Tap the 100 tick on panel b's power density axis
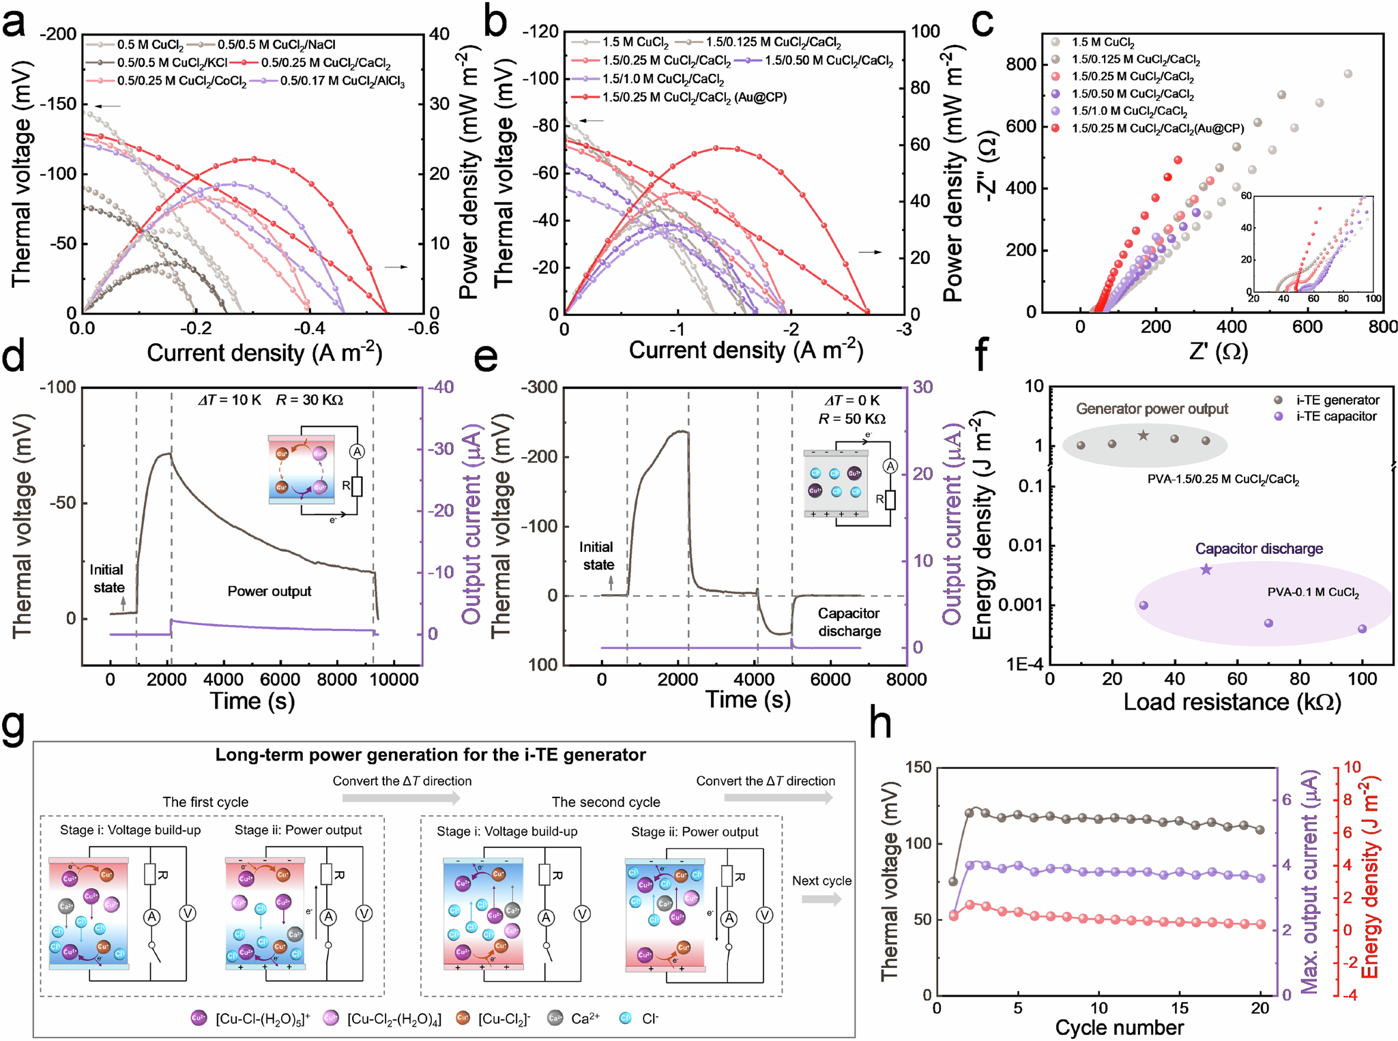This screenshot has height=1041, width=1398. coord(925,31)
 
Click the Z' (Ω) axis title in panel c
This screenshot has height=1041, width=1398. coord(1218,352)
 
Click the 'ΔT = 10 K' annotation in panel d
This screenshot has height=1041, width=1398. coord(229,400)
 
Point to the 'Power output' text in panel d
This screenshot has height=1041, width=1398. coord(269,591)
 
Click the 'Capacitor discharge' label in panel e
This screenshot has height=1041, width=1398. coord(849,622)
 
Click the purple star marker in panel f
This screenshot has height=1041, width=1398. coord(1206,569)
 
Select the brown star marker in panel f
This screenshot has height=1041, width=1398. coord(1144,435)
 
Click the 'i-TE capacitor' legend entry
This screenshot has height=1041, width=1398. coord(1336,417)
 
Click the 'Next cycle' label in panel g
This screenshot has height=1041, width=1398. coord(821,881)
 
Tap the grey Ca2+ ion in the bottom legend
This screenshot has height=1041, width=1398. coord(555,1018)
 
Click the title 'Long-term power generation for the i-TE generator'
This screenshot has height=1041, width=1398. coord(430,755)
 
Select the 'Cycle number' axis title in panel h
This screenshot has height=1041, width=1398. coord(1119,1027)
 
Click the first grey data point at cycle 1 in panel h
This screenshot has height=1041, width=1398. coord(953,881)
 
